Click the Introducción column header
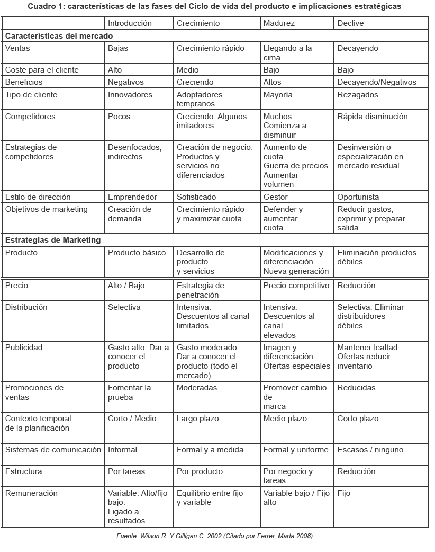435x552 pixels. click(130, 23)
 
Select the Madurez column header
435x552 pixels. click(279, 23)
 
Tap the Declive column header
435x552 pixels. click(350, 23)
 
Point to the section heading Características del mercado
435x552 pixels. click(59, 36)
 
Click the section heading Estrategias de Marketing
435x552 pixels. click(52, 240)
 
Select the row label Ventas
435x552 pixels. click(17, 48)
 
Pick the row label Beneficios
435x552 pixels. click(24, 82)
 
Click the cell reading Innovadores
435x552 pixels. click(130, 95)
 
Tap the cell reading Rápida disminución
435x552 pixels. click(373, 117)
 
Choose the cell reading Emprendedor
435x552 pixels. click(132, 197)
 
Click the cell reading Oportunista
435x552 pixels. click(358, 197)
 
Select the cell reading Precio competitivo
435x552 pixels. click(296, 286)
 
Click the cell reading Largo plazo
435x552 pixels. click(198, 419)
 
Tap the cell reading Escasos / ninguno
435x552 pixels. click(370, 450)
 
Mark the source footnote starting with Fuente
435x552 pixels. click(214, 536)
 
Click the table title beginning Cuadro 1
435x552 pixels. click(214, 7)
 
